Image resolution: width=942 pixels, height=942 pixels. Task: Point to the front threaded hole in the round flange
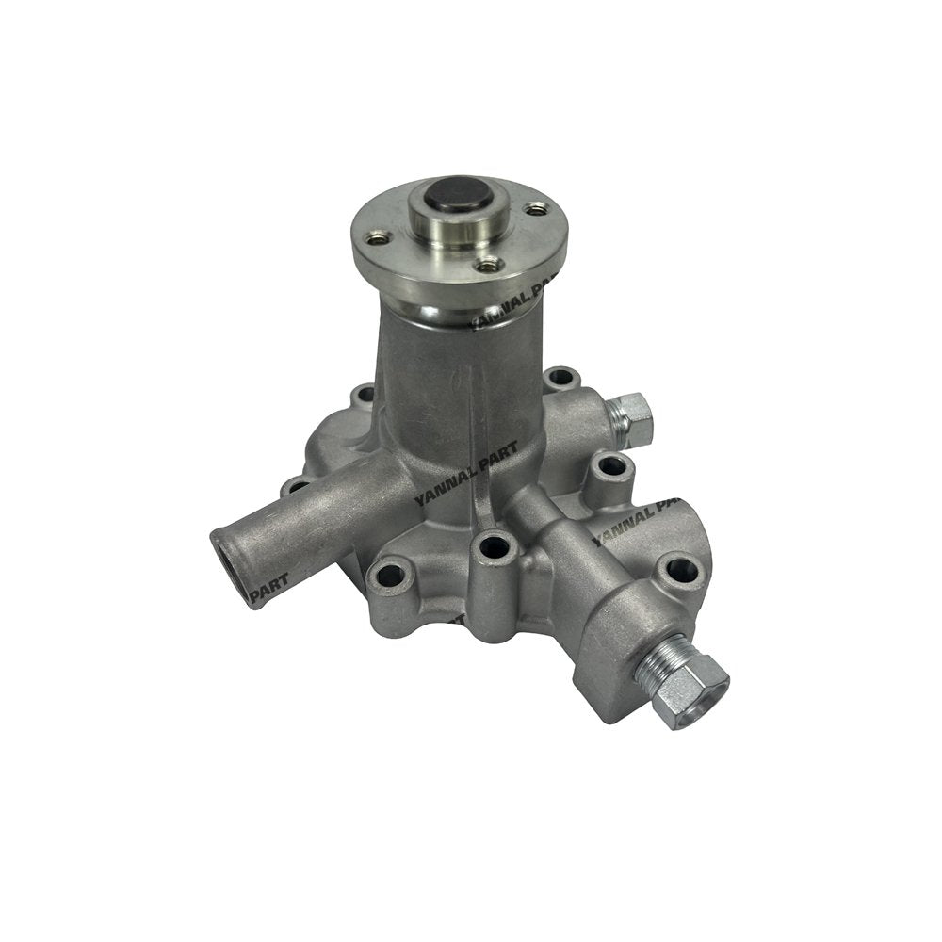[486, 267]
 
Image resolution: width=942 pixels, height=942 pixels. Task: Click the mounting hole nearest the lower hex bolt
[681, 571]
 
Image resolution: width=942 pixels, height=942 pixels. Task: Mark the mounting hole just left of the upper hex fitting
[561, 379]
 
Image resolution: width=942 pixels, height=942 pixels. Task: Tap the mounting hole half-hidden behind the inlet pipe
[293, 487]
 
